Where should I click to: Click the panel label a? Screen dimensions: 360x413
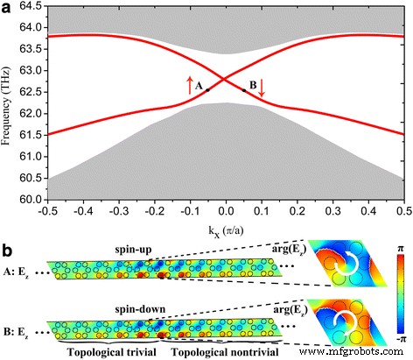[8, 8]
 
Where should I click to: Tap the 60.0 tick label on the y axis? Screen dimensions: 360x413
[29, 201]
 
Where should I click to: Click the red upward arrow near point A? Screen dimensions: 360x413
[189, 86]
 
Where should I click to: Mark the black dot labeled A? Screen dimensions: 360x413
[208, 89]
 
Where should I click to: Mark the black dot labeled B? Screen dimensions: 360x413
[244, 89]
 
